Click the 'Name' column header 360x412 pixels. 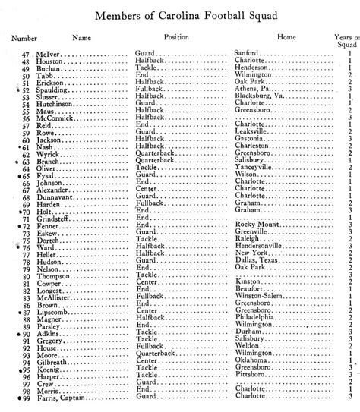pyautogui.click(x=83, y=36)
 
